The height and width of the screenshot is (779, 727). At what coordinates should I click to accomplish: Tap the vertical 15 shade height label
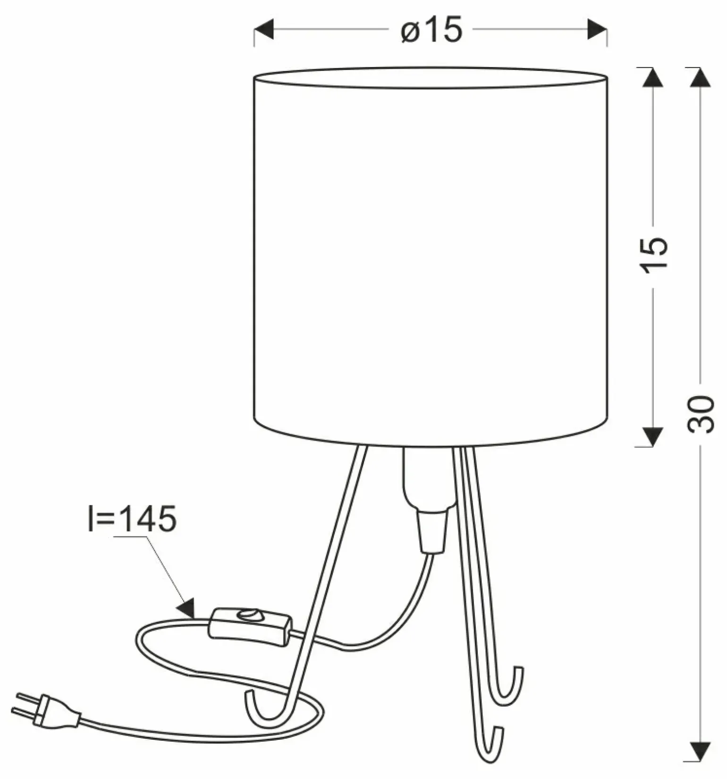coord(654,253)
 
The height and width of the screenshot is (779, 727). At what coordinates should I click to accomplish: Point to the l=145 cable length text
coord(132,519)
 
